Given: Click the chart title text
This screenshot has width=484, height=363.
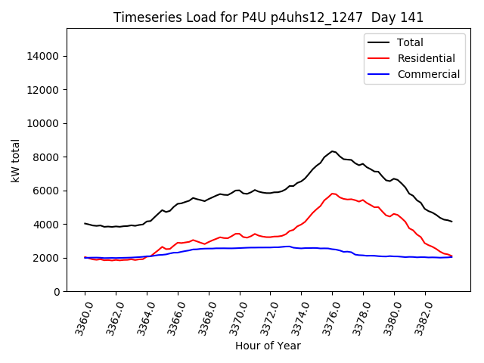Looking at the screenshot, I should (x=268, y=17).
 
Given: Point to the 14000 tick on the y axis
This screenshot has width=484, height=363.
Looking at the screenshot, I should (x=45, y=56).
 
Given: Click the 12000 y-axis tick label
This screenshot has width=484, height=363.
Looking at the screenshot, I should (x=45, y=90).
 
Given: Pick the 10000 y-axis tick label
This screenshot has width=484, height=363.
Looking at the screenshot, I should (x=45, y=123).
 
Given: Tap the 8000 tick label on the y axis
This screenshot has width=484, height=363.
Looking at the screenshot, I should (x=48, y=157).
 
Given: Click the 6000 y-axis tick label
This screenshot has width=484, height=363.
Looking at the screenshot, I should (x=48, y=191).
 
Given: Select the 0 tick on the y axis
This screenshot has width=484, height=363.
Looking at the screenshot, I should (x=57, y=292).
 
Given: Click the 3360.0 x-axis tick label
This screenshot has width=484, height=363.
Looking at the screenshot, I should (x=79, y=318).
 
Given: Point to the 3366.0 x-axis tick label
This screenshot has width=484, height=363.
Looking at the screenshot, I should (x=172, y=318).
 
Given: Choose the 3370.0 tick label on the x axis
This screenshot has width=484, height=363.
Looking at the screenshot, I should (x=234, y=318).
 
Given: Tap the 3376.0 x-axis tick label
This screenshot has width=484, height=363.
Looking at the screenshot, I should (x=327, y=318).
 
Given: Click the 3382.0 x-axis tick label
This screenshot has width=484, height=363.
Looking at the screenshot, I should (x=419, y=318).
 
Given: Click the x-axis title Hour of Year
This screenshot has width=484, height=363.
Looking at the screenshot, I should (x=268, y=346).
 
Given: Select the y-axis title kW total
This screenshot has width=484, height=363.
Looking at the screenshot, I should (x=15, y=160).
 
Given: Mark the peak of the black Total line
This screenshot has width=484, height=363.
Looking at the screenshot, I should (x=333, y=151).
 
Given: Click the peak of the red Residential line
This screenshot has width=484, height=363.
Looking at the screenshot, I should (x=333, y=194).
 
